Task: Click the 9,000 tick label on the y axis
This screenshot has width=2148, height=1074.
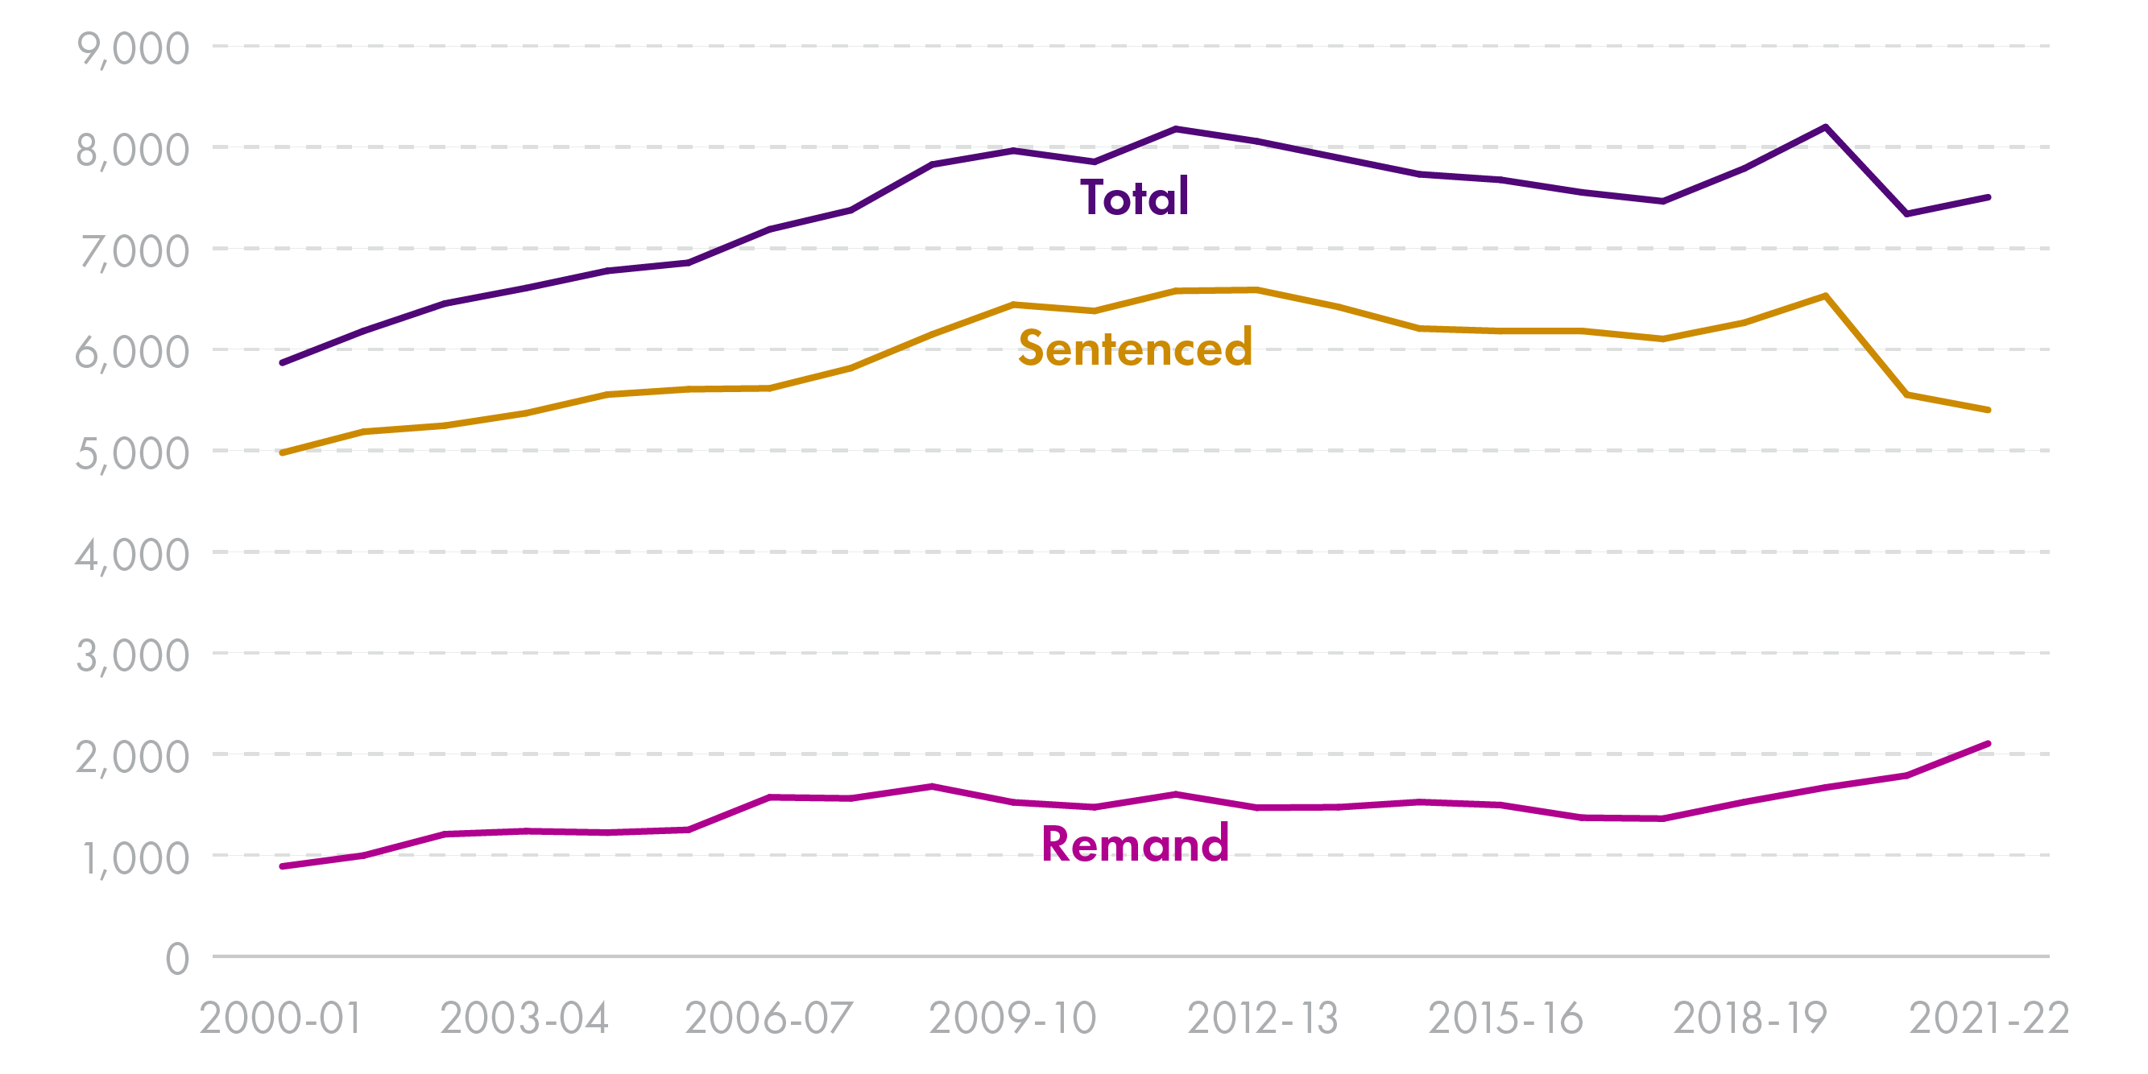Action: tap(133, 49)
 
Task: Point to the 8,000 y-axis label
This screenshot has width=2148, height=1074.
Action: tap(133, 151)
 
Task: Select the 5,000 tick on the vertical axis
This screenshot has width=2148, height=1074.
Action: tap(133, 454)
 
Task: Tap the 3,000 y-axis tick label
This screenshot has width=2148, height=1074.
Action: tap(133, 656)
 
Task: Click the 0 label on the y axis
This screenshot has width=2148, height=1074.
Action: tap(176, 959)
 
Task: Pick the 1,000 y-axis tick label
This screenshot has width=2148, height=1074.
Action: tap(135, 859)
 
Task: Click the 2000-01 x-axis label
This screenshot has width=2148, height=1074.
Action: tap(281, 1018)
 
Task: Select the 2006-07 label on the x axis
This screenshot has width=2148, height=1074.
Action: tap(769, 1018)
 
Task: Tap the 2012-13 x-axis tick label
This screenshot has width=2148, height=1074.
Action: tap(1262, 1018)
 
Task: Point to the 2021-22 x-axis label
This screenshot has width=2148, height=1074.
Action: tap(1989, 1018)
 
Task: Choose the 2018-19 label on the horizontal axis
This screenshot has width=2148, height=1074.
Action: tap(1749, 1018)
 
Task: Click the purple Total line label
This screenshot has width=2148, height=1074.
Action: tap(1134, 197)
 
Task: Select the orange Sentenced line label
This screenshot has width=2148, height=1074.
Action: tap(1135, 348)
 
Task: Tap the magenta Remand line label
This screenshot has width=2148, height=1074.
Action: tap(1135, 844)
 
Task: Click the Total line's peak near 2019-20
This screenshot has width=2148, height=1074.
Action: tap(1826, 126)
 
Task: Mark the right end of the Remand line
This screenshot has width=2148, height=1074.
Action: tap(1988, 744)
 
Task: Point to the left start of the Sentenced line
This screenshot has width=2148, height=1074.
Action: tap(282, 452)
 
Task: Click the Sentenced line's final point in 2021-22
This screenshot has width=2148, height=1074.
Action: tap(1988, 411)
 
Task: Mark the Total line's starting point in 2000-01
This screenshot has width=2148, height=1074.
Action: tap(282, 363)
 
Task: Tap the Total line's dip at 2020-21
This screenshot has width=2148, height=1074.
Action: tap(1907, 214)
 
